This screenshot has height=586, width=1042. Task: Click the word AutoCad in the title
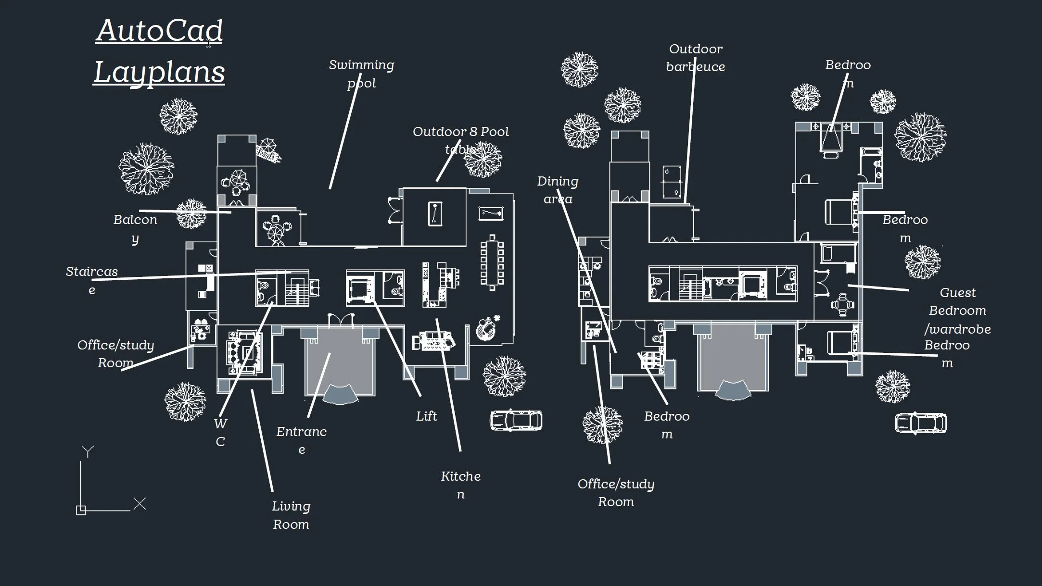159,30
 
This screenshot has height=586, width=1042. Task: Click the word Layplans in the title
159,72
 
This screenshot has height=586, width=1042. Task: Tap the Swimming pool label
361,74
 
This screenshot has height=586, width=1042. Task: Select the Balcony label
135,229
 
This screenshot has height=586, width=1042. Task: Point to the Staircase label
92,280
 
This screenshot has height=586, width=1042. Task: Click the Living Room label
291,515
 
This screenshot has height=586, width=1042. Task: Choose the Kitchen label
461,485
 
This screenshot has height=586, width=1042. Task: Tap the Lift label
427,416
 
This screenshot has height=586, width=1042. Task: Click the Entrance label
302,440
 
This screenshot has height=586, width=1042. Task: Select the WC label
220,433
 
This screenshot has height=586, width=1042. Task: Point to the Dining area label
558,190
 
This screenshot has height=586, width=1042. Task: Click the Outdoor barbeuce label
696,58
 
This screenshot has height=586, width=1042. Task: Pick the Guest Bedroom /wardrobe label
958,311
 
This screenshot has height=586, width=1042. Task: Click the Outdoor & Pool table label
461,140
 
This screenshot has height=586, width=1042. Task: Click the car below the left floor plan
516,420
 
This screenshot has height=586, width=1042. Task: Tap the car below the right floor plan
921,424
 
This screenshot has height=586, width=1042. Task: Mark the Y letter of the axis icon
88,451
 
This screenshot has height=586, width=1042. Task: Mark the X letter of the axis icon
140,504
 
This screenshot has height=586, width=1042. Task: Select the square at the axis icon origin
81,511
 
